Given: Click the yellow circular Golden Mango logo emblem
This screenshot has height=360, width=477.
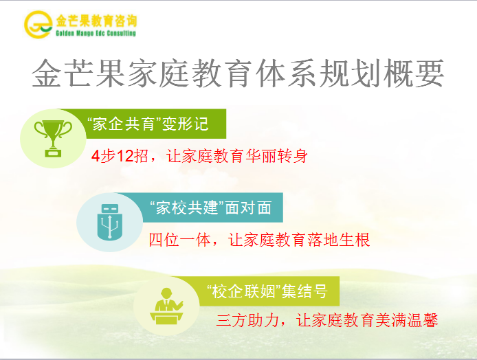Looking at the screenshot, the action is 38,24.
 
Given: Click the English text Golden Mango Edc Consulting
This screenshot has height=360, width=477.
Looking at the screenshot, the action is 96,33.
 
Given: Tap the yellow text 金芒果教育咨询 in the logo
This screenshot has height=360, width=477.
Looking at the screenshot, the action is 96,21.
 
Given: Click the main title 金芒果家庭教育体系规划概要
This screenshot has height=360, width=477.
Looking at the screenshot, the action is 238,74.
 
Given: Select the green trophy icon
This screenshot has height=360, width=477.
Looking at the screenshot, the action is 53,138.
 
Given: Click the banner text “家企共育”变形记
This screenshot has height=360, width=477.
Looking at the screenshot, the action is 148,124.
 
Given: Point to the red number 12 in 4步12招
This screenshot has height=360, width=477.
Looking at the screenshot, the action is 125,156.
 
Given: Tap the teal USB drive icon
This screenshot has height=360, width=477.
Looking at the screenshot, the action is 110,222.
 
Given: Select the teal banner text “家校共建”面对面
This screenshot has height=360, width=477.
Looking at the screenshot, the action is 211,207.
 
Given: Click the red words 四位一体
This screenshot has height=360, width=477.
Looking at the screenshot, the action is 180,240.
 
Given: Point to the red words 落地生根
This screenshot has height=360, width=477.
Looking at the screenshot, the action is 339,240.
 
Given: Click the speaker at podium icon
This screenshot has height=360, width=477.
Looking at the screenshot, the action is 167,306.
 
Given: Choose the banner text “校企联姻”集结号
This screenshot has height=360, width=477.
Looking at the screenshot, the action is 267,291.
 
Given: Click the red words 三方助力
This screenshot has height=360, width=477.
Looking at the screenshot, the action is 248,320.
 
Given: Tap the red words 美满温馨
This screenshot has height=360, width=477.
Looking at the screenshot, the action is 406,320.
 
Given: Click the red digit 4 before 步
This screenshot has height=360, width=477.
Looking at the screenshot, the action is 96,156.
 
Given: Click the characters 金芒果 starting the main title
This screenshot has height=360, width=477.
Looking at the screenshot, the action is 78,74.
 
